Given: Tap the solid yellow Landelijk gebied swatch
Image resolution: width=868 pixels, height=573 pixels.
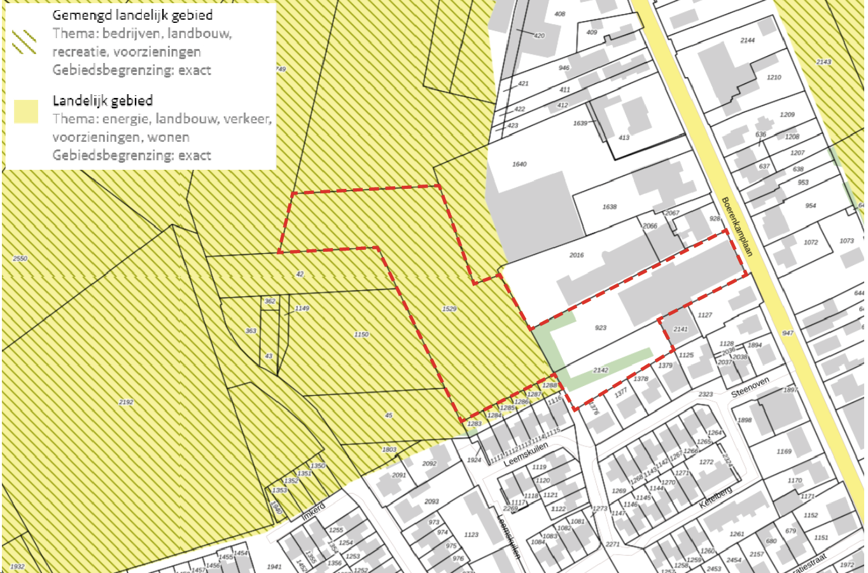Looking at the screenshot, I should (25, 111).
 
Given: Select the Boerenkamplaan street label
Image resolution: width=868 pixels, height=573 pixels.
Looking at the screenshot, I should (738, 226).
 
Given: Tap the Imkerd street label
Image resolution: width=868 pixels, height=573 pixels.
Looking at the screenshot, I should (313, 511).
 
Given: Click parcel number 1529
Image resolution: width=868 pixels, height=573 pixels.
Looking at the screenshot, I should (449, 309).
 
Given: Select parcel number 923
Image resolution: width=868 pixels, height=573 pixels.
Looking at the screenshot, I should (600, 328).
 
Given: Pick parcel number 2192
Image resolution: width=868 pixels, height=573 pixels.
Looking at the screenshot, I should (126, 402).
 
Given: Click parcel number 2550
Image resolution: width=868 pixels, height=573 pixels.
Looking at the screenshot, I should (20, 259).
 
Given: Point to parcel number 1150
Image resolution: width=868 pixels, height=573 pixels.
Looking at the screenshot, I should (361, 335).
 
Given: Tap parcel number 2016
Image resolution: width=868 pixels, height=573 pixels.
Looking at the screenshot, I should (576, 255).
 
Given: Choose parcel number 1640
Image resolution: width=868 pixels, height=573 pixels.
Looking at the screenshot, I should (519, 164).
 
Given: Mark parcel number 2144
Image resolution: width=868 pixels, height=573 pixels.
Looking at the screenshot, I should (747, 41).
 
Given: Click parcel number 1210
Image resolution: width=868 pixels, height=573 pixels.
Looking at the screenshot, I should (774, 78).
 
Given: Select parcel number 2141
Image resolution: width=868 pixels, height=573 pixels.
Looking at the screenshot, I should (680, 329).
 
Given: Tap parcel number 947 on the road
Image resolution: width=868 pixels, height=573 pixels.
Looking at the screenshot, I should (788, 333).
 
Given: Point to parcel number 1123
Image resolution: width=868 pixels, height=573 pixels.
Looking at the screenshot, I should (471, 535).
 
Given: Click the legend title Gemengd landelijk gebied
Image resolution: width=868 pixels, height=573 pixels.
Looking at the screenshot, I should (132, 15).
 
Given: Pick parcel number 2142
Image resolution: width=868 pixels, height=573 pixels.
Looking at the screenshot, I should (600, 370).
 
